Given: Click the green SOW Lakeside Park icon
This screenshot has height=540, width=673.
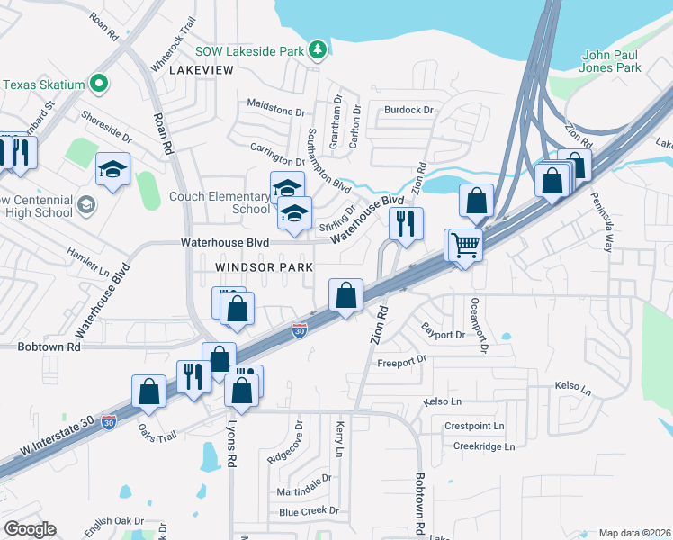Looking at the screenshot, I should [x=317, y=51].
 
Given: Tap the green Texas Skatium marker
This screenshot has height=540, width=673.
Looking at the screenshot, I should [x=99, y=85].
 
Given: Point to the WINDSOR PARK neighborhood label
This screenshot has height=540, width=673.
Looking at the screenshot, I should [x=264, y=267].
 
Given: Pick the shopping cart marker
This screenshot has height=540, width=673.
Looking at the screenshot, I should [x=465, y=245].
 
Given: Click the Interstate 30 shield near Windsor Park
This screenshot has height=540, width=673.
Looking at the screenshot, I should [x=300, y=331].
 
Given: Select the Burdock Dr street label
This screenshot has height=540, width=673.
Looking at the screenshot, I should [x=408, y=110].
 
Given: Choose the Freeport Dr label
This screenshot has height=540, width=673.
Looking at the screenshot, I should [x=401, y=362].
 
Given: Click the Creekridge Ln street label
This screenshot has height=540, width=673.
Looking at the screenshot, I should [x=484, y=445].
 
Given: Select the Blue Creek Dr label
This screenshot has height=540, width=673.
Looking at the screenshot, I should [x=309, y=511].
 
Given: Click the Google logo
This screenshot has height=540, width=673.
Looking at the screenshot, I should [x=30, y=529].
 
